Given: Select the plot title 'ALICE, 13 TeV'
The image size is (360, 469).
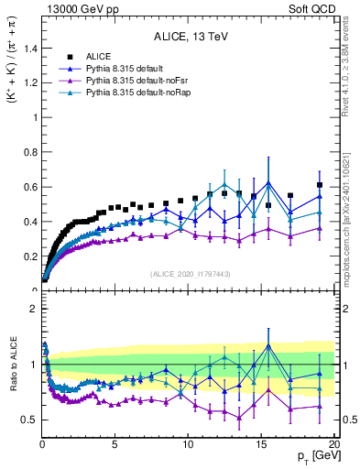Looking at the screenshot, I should pyautogui.click(x=189, y=37).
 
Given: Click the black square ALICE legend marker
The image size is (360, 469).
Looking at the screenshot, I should pyautogui.click(x=69, y=57).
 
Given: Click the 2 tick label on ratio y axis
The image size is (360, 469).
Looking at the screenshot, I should pyautogui.click(x=32, y=309).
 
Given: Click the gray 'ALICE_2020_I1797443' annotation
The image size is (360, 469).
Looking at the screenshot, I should pyautogui.click(x=189, y=274).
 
